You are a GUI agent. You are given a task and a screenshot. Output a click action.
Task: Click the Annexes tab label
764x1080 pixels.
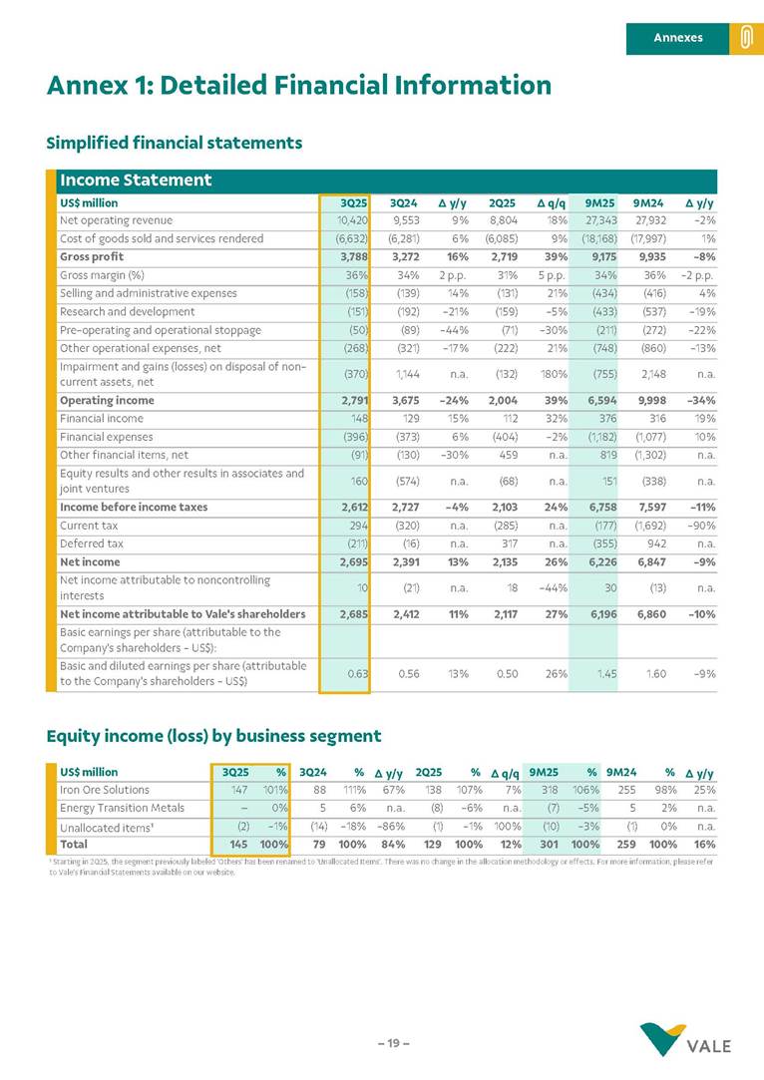(x=678, y=38)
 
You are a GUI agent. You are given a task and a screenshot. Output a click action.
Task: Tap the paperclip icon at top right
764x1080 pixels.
(x=745, y=38)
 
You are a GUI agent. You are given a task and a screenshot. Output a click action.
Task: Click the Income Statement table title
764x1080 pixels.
(x=135, y=180)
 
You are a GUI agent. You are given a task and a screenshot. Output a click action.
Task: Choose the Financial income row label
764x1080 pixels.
(x=102, y=418)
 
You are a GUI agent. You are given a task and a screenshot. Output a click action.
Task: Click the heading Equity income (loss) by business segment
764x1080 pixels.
(x=213, y=736)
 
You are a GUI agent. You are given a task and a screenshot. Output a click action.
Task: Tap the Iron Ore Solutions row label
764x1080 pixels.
(x=105, y=790)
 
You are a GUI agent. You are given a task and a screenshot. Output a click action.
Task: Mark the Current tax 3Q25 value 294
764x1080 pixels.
(x=358, y=526)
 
